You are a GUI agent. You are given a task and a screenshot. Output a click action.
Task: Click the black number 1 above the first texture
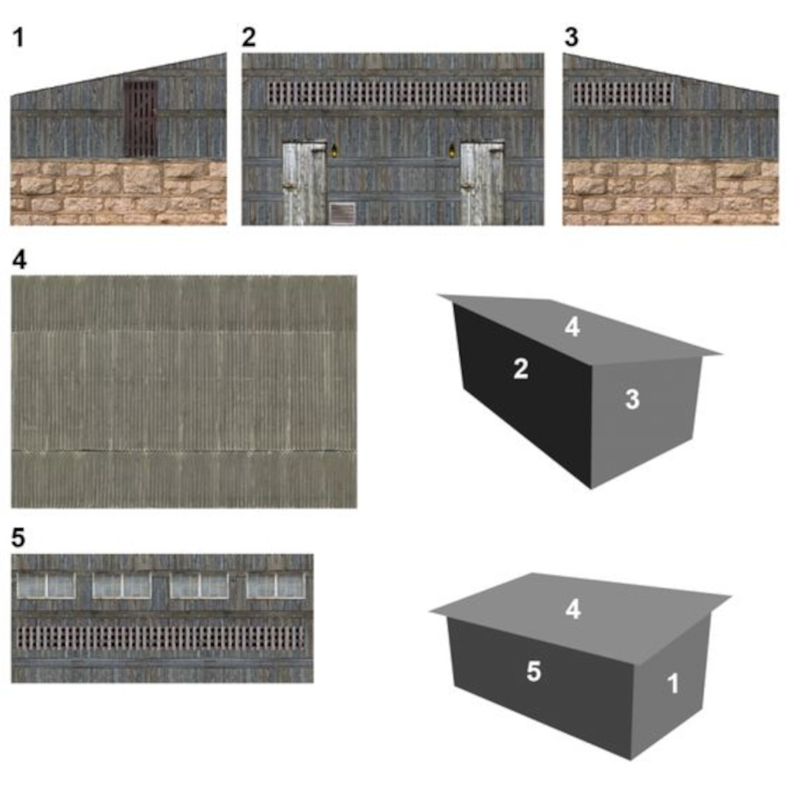tap(19, 37)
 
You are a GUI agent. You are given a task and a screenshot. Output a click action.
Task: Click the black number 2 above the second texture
tap(249, 37)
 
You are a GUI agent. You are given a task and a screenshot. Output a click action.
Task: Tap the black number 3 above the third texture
tap(571, 37)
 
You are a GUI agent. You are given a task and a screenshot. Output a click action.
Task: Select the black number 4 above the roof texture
tap(19, 260)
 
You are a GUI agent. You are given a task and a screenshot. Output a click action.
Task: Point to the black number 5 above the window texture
tap(19, 538)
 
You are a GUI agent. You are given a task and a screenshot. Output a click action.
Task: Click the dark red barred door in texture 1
tap(141, 119)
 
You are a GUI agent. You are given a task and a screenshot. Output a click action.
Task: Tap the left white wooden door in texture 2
tap(304, 182)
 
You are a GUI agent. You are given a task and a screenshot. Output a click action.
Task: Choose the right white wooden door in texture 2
tap(482, 182)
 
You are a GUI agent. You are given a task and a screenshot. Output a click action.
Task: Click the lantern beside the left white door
tap(334, 151)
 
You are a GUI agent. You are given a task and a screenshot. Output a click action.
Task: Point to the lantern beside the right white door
tap(452, 151)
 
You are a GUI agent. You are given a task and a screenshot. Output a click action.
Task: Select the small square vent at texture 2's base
tap(342, 213)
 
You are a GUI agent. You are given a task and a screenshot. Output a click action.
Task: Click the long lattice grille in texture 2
tap(398, 93)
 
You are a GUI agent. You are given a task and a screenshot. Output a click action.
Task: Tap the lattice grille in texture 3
tap(622, 93)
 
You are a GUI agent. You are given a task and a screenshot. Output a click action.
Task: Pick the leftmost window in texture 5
tap(46, 586)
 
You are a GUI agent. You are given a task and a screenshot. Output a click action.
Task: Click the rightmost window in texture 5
tap(276, 586)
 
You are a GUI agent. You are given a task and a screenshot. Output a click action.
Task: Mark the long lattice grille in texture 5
tap(161, 637)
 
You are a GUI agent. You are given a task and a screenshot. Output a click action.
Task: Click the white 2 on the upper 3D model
tap(521, 368)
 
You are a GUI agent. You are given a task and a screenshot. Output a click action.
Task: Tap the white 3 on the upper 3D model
tap(633, 399)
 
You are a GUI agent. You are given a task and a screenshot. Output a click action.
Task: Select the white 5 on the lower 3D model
tap(534, 671)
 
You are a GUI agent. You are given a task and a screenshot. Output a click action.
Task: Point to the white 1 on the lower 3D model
tap(673, 684)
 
